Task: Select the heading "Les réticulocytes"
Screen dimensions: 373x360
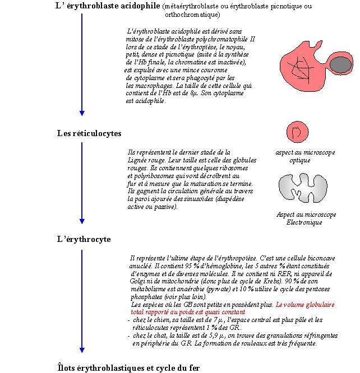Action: pyautogui.click(x=89, y=133)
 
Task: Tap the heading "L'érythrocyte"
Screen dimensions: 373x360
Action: pyautogui.click(x=84, y=239)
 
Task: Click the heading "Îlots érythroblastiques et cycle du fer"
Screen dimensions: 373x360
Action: pyautogui.click(x=128, y=367)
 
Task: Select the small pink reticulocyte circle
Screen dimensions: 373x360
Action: pyautogui.click(x=297, y=133)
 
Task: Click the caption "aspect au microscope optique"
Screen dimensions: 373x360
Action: pyautogui.click(x=305, y=156)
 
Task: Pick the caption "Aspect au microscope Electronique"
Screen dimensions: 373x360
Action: pyautogui.click(x=306, y=218)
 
